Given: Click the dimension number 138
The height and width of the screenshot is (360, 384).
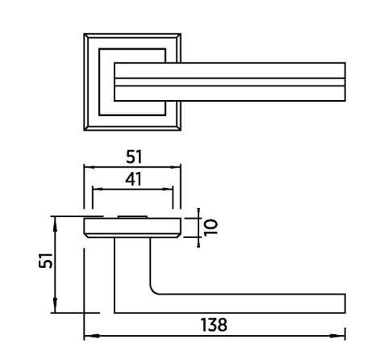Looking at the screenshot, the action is pos(214,324).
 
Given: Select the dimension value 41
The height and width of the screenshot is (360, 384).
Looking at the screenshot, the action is pos(133,179).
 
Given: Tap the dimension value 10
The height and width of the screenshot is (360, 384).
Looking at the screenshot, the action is pos(211,228).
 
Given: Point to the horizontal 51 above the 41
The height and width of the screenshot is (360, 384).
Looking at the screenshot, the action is pos(134,157).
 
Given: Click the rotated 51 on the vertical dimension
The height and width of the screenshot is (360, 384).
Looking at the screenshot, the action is pos(46,261).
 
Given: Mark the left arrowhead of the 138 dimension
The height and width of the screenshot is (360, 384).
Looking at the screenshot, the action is pos(92,336).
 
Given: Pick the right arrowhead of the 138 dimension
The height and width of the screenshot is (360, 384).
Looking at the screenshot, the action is pos(337,336).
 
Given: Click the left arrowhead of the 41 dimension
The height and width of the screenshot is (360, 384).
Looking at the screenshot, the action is pos(98,189).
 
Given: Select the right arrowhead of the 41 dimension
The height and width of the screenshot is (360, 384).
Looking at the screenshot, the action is pos(167,189).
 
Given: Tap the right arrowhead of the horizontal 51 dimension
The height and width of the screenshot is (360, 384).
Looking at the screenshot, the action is pos(175,167).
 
